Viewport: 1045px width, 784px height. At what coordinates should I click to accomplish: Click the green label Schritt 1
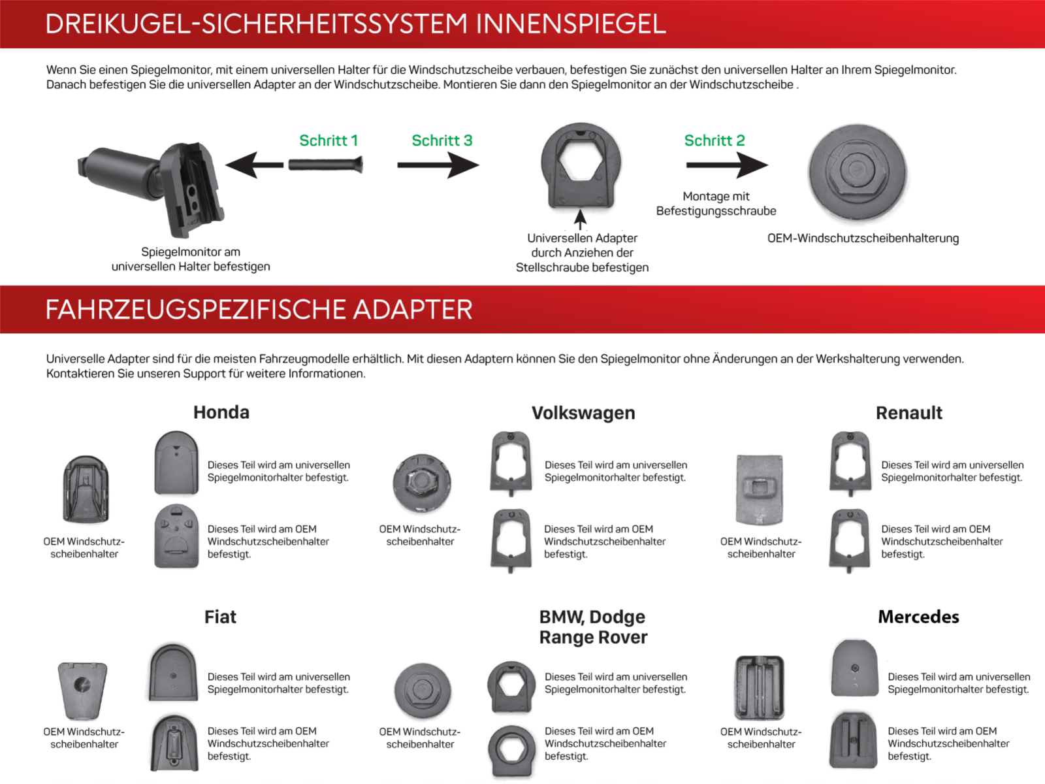pyautogui.click(x=328, y=140)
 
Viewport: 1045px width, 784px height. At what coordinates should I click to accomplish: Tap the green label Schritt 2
pyautogui.click(x=714, y=140)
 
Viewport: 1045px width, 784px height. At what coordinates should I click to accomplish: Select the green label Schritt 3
pyautogui.click(x=442, y=140)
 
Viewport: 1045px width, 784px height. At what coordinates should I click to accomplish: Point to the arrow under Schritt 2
pyautogui.click(x=726, y=165)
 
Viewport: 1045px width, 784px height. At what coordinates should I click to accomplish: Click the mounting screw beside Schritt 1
pyautogui.click(x=325, y=164)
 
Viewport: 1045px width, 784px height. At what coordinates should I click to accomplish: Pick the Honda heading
pyautogui.click(x=221, y=412)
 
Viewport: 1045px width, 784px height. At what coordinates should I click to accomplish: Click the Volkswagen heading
pyautogui.click(x=583, y=413)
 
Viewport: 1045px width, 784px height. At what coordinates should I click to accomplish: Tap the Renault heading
pyautogui.click(x=908, y=413)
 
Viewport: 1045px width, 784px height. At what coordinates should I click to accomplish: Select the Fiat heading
pyautogui.click(x=220, y=617)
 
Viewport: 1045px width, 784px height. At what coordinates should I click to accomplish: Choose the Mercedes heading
pyautogui.click(x=918, y=617)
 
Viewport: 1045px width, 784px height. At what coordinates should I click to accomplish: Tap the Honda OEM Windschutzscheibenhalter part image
pyautogui.click(x=86, y=489)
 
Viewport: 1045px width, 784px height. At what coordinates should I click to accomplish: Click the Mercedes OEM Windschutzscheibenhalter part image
pyautogui.click(x=760, y=688)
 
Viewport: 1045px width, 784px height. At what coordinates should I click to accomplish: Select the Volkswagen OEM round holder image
pyautogui.click(x=422, y=483)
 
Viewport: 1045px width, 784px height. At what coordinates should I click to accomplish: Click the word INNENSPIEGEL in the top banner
pyautogui.click(x=571, y=24)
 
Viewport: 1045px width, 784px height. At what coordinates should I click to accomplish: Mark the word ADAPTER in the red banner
pyautogui.click(x=412, y=310)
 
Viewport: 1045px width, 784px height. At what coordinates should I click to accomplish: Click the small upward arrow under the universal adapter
pyautogui.click(x=580, y=220)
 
